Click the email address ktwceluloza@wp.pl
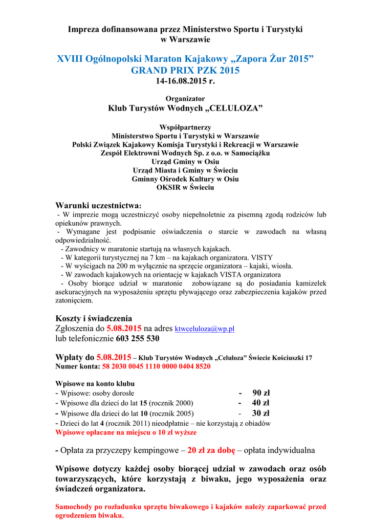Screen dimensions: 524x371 click(204, 329)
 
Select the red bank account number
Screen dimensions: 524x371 click(156, 366)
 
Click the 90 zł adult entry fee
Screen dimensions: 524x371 click(260, 393)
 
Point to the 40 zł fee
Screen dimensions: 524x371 click(260, 403)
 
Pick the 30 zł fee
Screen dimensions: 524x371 click(260, 413)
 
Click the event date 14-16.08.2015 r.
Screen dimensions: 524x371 click(185, 81)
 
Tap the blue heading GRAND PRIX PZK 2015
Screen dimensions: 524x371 click(185, 71)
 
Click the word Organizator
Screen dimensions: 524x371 click(185, 98)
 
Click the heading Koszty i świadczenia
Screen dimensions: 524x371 click(94, 318)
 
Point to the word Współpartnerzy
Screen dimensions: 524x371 click(185, 127)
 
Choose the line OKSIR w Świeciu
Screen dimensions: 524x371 click(185, 188)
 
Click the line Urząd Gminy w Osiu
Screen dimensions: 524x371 click(185, 162)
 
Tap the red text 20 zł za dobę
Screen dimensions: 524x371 click(211, 450)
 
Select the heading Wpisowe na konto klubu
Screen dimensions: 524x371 click(95, 383)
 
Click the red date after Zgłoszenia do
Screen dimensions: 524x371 click(124, 329)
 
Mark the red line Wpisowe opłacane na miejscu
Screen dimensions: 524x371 click(126, 432)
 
